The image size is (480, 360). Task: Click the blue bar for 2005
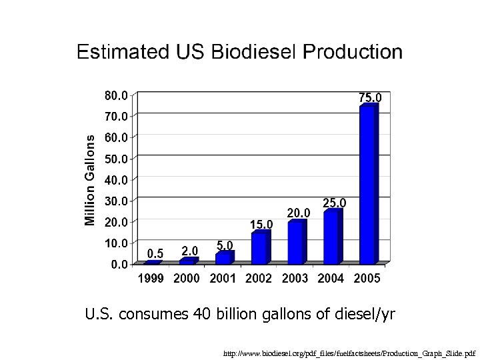point(367,185)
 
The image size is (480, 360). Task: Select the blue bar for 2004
point(331,237)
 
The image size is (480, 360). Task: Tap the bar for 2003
point(295,243)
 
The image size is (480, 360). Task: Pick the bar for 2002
point(259,248)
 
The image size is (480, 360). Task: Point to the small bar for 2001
point(223,258)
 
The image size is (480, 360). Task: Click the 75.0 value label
point(370,97)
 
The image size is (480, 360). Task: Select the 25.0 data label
point(335,202)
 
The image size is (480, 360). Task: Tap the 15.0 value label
point(261,223)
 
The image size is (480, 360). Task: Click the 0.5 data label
point(155,253)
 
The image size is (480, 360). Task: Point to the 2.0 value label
point(190,251)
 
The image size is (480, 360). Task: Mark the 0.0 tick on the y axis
point(120,264)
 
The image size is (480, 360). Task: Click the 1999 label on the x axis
point(151,279)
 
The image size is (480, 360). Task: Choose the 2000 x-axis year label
point(187,279)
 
